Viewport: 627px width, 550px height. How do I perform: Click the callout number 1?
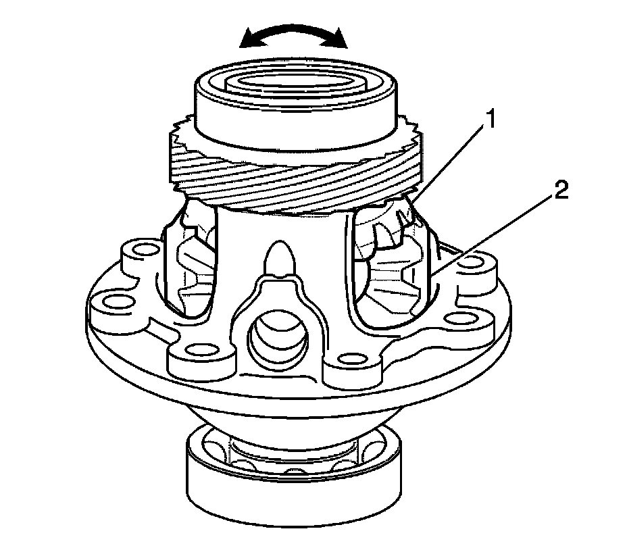pyautogui.click(x=492, y=122)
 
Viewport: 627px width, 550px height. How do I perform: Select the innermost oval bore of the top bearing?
pyautogui.click(x=295, y=86)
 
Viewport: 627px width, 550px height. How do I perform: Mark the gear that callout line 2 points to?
pyautogui.click(x=396, y=277)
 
